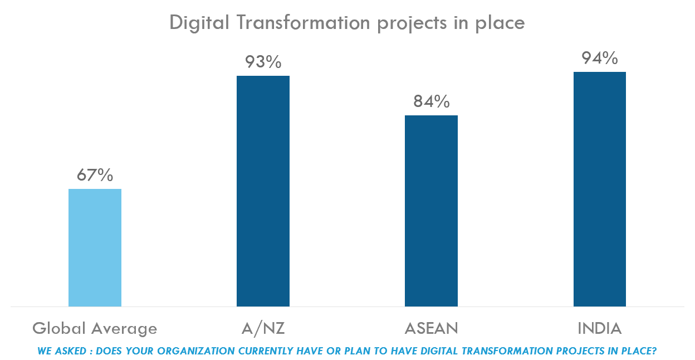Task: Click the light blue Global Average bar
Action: [x=95, y=247]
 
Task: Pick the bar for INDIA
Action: [x=600, y=189]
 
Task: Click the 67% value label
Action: [x=95, y=175]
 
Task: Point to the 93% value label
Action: [x=263, y=62]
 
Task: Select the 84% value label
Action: [x=431, y=101]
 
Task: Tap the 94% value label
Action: [x=600, y=58]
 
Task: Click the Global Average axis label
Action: [x=95, y=329]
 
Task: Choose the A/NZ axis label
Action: [x=263, y=329]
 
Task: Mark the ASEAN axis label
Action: [x=431, y=329]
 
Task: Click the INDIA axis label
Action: [x=600, y=329]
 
